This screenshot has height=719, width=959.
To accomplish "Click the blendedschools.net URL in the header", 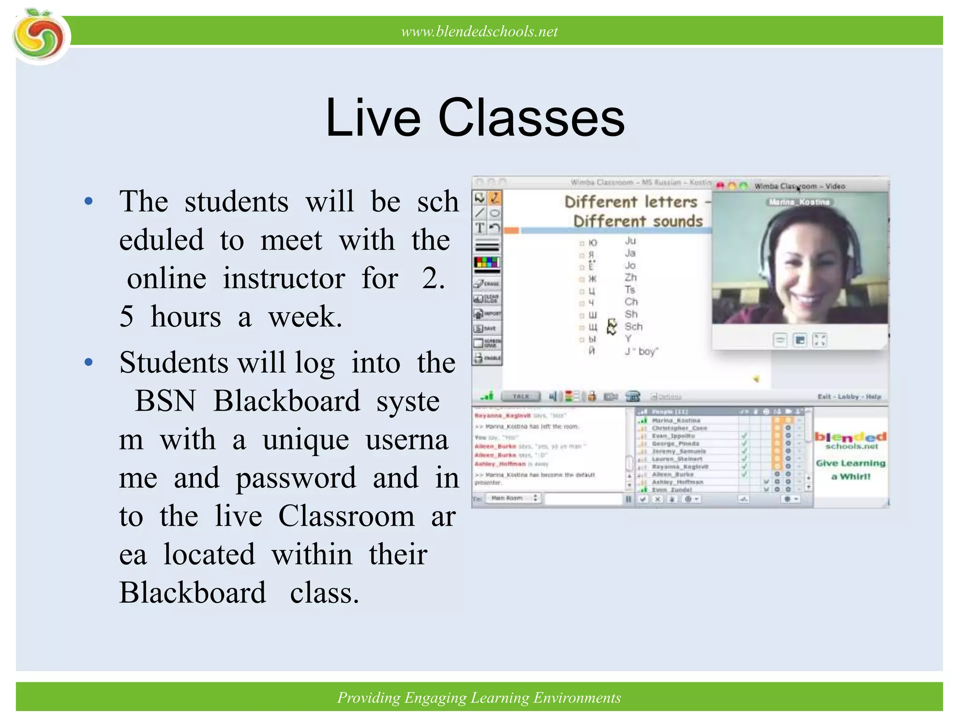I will pos(479,31).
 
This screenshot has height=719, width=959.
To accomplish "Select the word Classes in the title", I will pos(531,118).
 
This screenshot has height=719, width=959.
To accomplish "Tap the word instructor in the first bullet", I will pos(284,279).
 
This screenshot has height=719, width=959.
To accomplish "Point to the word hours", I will pos(186,317).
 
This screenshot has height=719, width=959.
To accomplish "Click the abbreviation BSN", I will pos(165,401).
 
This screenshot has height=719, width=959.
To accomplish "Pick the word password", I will pos(296,478).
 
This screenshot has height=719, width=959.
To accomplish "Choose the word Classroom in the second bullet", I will pos(347,516).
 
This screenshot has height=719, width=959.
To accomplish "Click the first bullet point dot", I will pos(89,202).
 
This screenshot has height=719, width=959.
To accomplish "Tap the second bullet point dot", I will pos(89,363).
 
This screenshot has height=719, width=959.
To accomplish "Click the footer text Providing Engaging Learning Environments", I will pos(479,697).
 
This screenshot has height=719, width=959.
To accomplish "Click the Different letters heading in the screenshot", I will pos(631,202).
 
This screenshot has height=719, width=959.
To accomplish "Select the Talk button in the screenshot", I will pos(520,396).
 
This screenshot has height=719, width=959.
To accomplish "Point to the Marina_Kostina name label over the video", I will pos(799,202).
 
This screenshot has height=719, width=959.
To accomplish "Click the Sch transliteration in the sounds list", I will pos(634,326).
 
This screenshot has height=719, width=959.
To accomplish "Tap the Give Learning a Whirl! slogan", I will pos(851,470).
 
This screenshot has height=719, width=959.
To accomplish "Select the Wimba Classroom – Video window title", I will pos(800,186).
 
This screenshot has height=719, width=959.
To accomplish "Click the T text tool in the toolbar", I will pos(480,228).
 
